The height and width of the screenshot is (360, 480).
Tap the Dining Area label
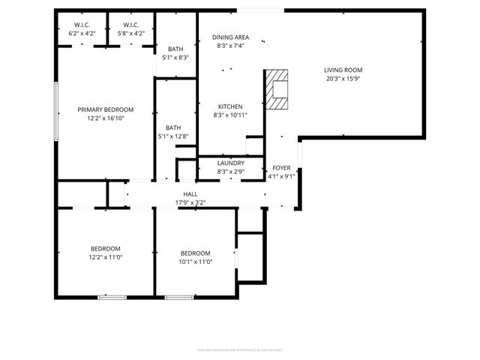click(230, 37)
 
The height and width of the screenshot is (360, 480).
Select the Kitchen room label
click(230, 106)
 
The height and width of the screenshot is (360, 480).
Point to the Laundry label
click(230, 163)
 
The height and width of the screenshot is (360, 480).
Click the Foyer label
click(281, 168)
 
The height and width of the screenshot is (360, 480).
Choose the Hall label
click(190, 193)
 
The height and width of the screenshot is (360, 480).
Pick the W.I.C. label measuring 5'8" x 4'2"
click(132, 25)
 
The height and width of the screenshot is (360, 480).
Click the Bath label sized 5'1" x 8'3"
click(174, 49)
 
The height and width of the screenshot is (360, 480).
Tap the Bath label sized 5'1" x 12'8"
click(173, 127)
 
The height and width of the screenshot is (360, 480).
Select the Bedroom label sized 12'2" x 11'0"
click(106, 248)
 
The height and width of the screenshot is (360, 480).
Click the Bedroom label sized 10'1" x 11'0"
click(196, 253)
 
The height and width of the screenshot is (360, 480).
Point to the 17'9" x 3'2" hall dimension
click(190, 202)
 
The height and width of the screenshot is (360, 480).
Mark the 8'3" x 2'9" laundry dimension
click(230, 172)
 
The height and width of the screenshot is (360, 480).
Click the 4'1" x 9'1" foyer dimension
click(281, 177)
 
